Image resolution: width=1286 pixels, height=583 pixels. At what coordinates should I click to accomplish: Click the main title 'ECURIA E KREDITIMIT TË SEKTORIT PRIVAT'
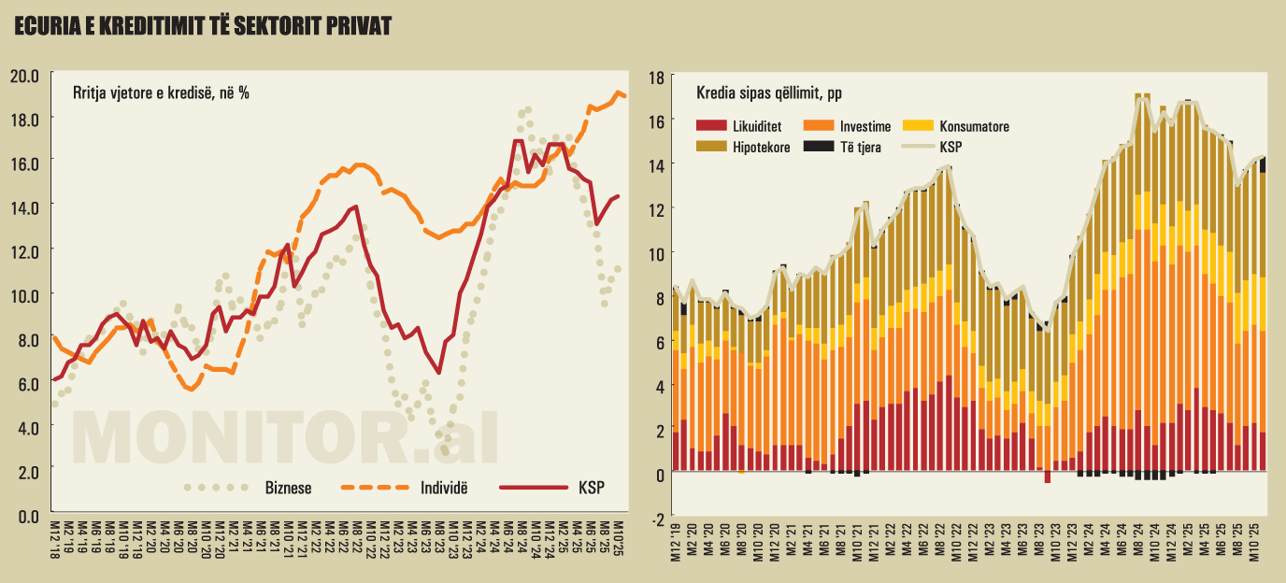[x=202, y=28]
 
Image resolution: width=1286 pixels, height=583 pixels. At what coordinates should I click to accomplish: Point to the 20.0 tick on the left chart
[x=24, y=75]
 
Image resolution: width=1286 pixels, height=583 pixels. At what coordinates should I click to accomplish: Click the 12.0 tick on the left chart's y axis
[x=24, y=250]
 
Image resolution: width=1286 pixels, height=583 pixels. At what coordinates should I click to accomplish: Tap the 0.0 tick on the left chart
[x=24, y=516]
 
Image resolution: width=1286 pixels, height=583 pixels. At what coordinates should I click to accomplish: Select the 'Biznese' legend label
[x=289, y=487]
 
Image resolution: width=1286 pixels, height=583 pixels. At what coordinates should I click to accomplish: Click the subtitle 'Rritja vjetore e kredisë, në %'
[x=161, y=92]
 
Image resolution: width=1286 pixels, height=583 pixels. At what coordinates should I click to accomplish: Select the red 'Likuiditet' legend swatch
[x=712, y=126]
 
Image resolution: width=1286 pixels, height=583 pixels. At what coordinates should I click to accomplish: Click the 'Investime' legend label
[x=864, y=126]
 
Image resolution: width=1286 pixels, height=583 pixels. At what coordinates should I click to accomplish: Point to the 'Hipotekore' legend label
[x=762, y=147]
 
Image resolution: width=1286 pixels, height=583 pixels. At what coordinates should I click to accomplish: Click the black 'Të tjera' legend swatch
[x=819, y=147]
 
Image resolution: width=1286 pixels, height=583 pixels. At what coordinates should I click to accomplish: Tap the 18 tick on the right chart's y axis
[x=657, y=78]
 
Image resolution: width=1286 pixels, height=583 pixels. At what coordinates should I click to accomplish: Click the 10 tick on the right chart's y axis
[x=657, y=253]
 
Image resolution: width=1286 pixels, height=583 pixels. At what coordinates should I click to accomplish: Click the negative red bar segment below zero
[x=1048, y=477]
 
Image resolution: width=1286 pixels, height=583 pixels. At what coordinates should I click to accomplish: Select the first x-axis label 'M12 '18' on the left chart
[x=55, y=540]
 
